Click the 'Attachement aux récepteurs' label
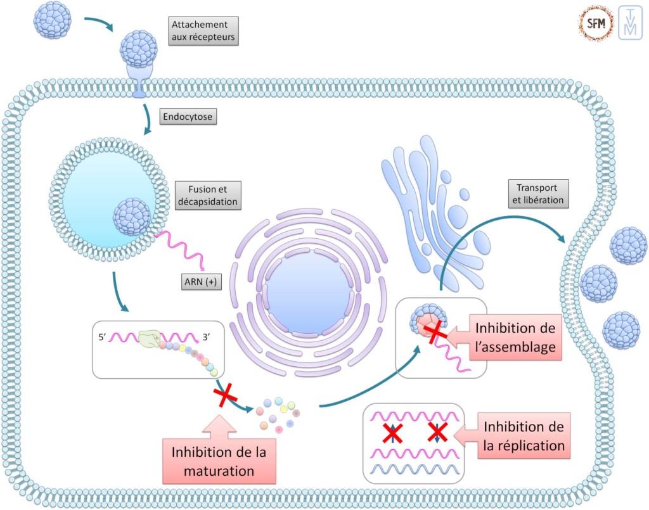click(x=203, y=31)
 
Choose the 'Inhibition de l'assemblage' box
click(x=517, y=338)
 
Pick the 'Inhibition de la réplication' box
click(x=524, y=436)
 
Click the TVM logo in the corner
click(x=630, y=24)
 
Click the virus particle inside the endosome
click(x=132, y=217)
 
